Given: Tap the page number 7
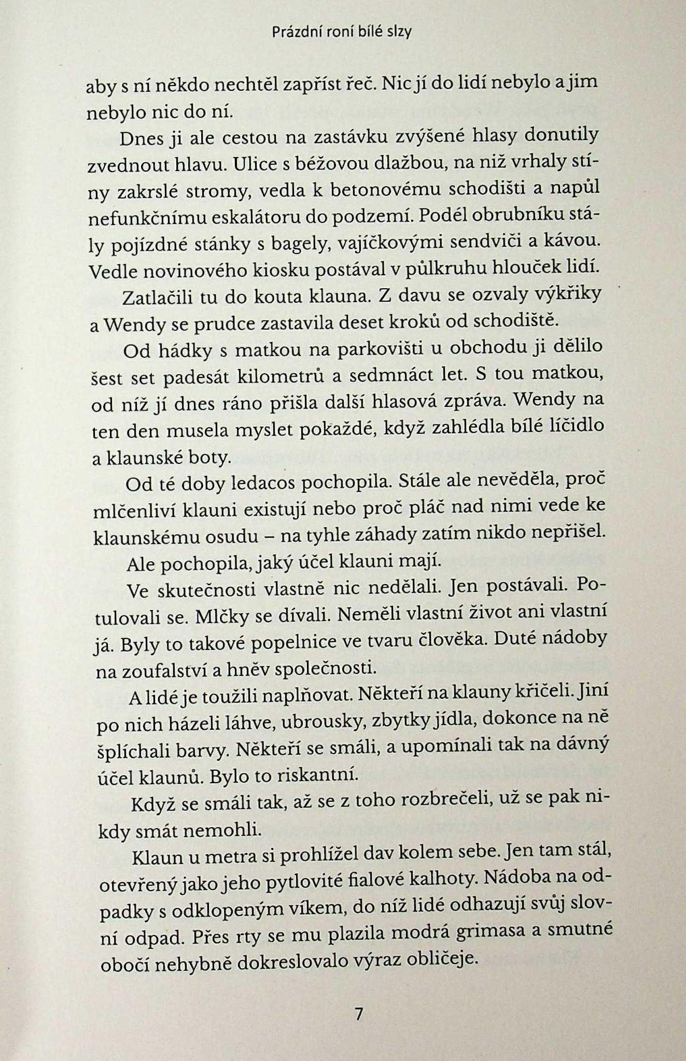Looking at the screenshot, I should (358, 1013).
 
